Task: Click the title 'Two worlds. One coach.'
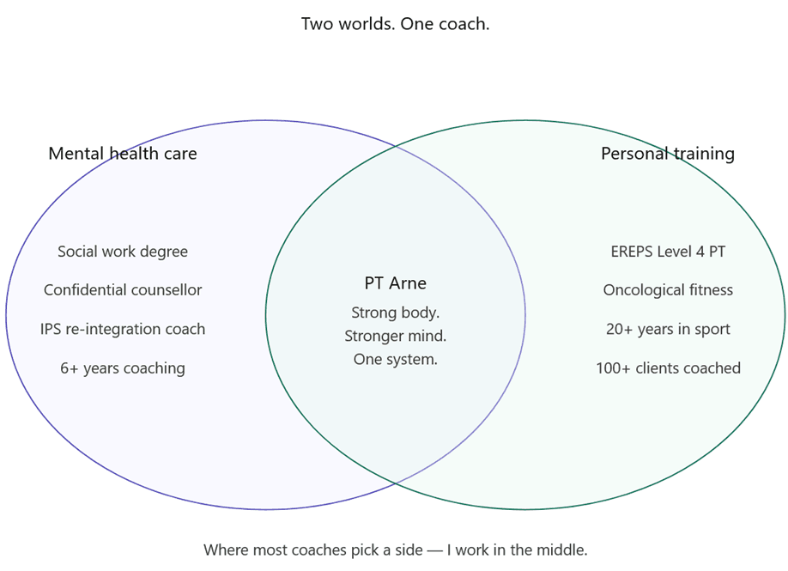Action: coord(395,24)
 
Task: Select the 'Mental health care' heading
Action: coord(123,154)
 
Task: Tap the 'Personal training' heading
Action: coord(667,154)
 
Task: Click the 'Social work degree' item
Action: coord(123,252)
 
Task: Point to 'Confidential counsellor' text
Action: coord(123,290)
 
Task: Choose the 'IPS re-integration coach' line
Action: coord(123,329)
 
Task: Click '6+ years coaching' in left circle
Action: coord(123,368)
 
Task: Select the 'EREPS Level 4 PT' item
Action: coord(668,252)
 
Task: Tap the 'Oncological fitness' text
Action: coord(668,290)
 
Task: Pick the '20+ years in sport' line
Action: coord(668,329)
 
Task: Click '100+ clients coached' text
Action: coord(668,368)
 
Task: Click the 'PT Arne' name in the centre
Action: coord(395,283)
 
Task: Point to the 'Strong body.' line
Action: coord(395,313)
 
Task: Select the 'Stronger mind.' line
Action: coord(395,336)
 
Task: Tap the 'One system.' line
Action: coord(395,360)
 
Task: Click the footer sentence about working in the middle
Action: coord(395,550)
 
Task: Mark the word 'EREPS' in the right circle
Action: coord(631,252)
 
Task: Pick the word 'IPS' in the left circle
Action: coord(51,329)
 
